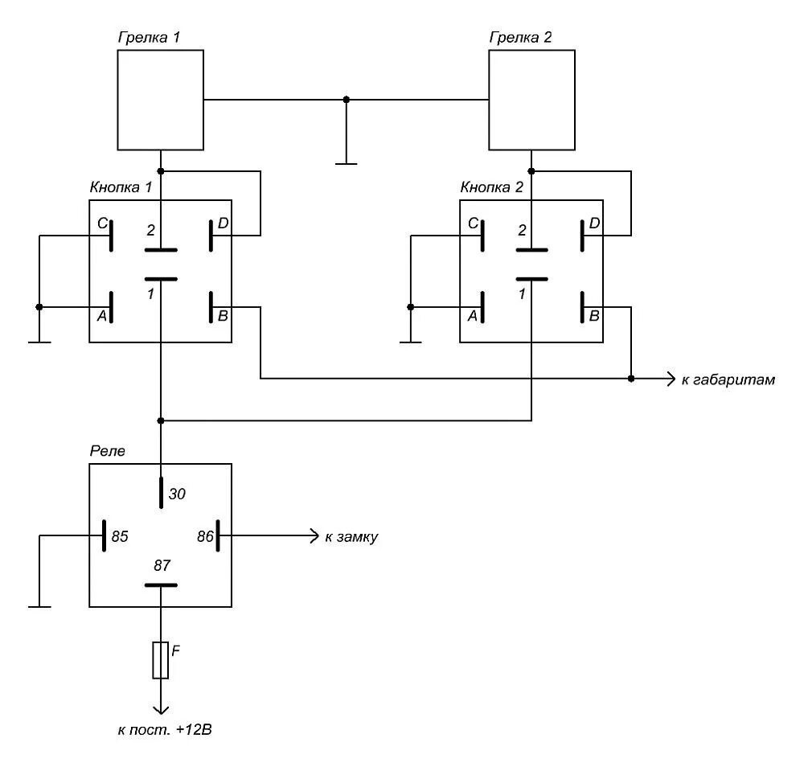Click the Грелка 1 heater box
click(160, 100)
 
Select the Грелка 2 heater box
click(532, 100)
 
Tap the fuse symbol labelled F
click(162, 660)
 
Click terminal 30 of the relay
click(162, 492)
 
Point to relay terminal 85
click(105, 535)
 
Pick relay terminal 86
click(218, 535)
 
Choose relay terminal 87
click(162, 584)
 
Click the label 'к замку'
click(351, 536)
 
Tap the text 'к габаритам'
click(728, 379)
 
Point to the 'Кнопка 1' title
click(121, 187)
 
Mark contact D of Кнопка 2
click(581, 236)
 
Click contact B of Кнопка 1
click(211, 307)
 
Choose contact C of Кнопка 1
click(110, 236)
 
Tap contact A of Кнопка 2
click(482, 307)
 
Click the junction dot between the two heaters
click(347, 100)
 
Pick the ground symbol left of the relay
click(39, 605)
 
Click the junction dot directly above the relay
click(162, 420)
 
